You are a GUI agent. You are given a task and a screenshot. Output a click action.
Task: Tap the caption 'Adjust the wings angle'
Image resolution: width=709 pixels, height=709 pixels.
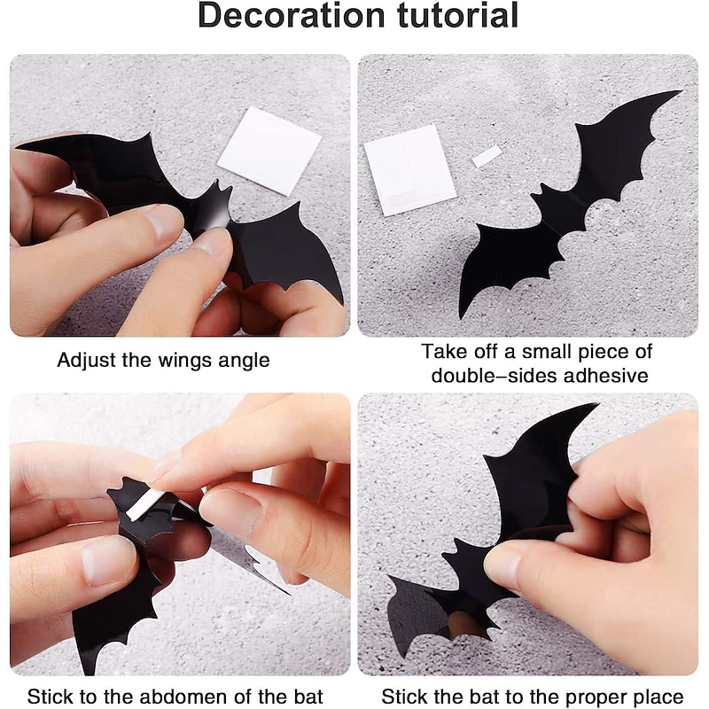pos(164,361)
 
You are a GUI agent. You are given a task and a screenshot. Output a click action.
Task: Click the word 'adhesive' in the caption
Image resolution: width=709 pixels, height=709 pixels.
pos(604,376)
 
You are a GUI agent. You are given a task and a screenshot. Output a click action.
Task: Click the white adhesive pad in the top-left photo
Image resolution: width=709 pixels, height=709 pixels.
pos(269,150)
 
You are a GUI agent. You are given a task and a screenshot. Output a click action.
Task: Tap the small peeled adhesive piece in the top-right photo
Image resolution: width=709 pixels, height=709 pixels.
pos(487,158)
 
